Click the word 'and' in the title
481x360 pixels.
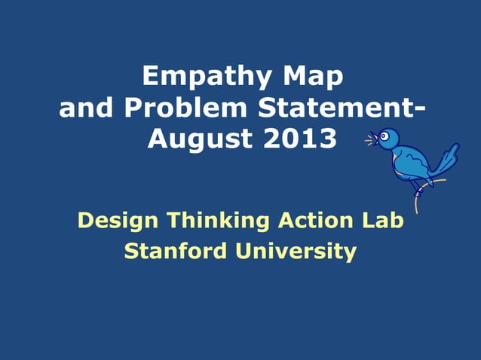86,108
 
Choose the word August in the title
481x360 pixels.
195,139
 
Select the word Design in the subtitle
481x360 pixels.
118,221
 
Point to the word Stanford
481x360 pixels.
175,251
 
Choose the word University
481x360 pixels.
297,251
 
